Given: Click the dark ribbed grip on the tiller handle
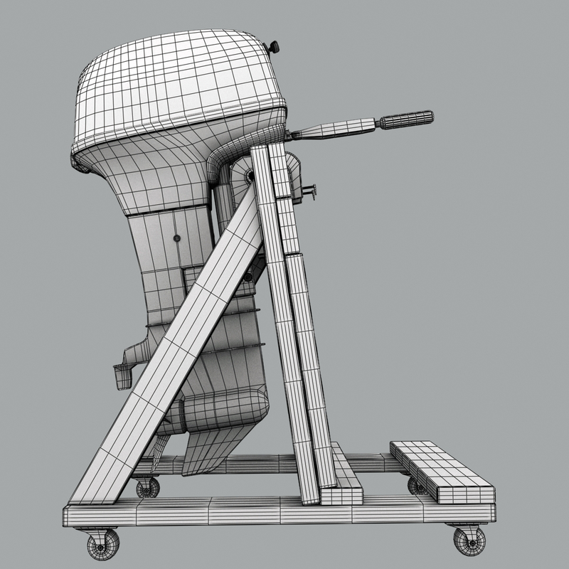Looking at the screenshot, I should tap(406, 119).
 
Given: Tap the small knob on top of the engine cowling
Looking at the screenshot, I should tap(272, 47).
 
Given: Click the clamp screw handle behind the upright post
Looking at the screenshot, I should tap(310, 190).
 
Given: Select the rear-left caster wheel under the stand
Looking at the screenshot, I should tap(147, 487).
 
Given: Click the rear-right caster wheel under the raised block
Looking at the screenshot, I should tap(418, 486).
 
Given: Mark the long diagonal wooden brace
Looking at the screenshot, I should tap(178, 341).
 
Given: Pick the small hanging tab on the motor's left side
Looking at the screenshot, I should tap(122, 376).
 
